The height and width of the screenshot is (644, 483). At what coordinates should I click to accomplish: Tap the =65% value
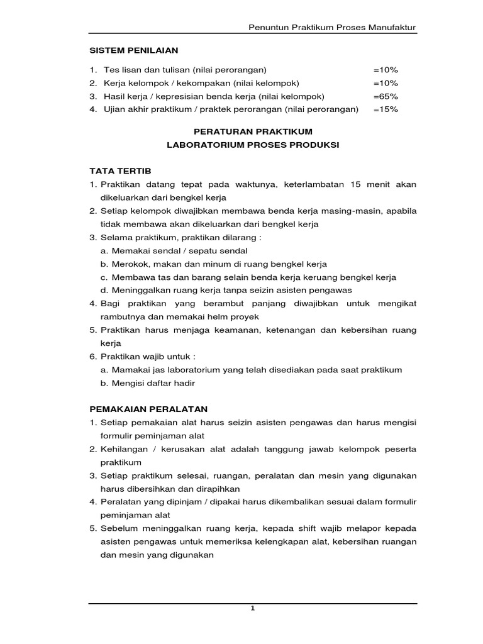(x=386, y=96)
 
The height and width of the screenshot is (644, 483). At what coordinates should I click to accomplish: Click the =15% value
(x=386, y=109)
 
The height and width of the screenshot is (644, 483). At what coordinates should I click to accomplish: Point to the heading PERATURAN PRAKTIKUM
(x=252, y=131)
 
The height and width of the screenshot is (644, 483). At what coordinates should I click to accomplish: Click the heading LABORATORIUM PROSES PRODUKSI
(x=252, y=145)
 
